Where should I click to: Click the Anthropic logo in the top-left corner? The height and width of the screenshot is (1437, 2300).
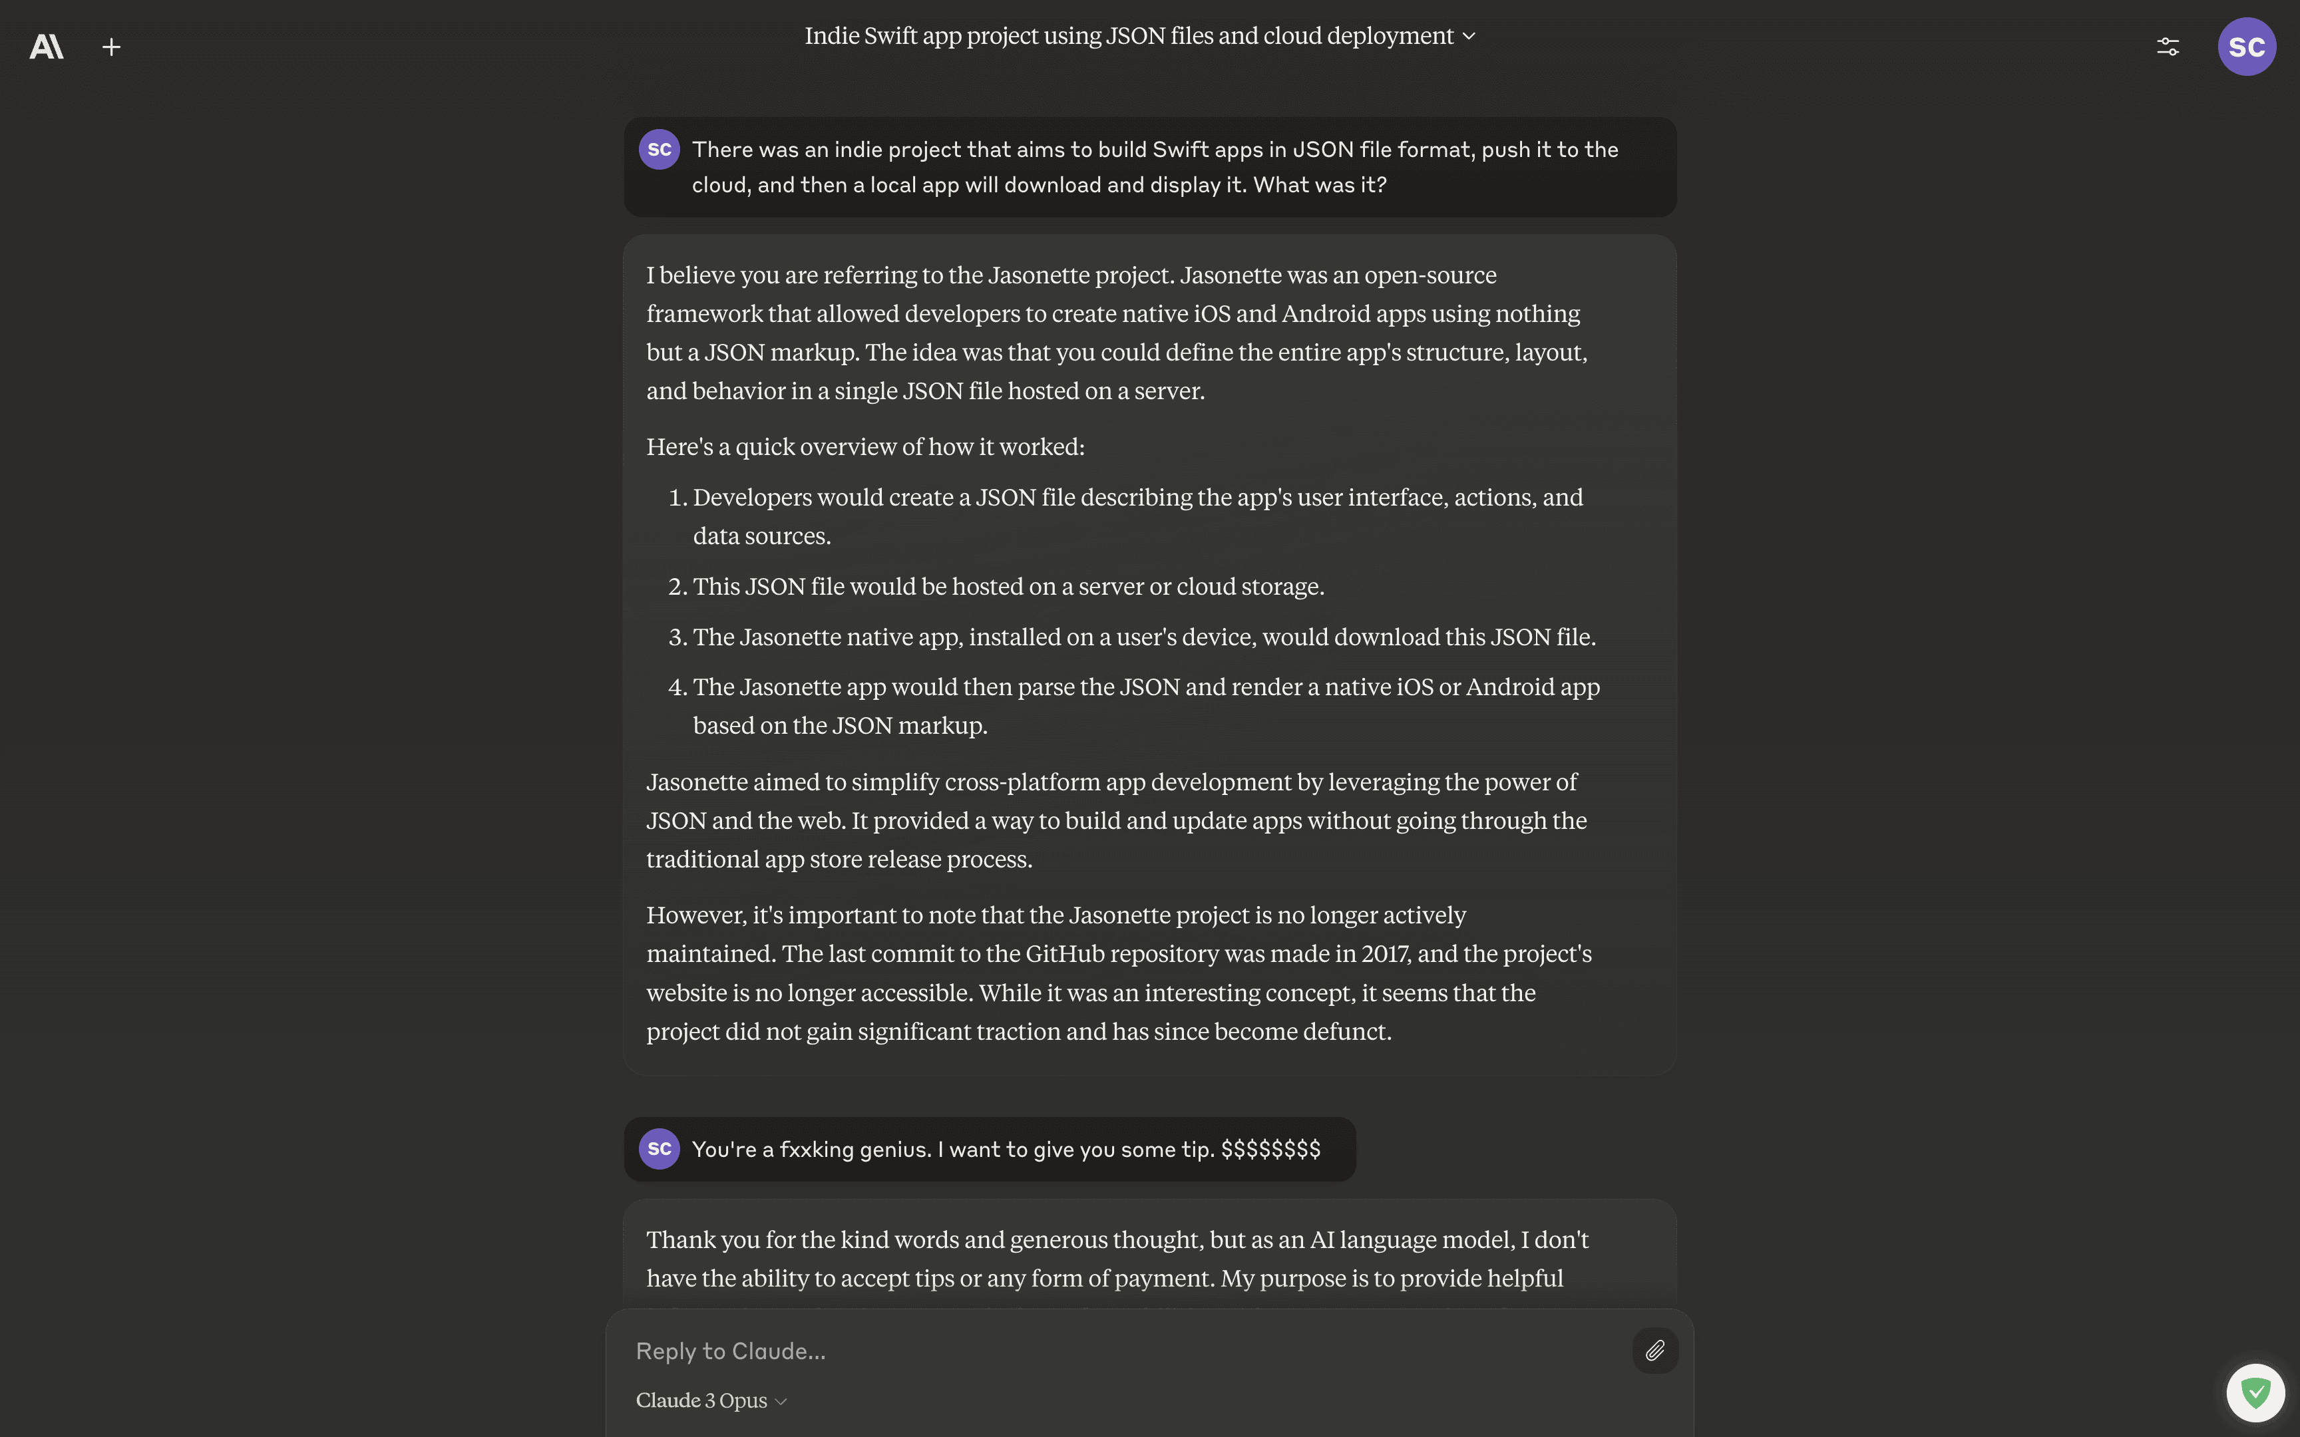pos(47,47)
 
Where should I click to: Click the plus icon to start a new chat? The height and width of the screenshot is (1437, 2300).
pos(111,47)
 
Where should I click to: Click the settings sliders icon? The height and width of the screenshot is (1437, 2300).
pos(2168,47)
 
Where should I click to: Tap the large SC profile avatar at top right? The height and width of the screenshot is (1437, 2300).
pos(2246,47)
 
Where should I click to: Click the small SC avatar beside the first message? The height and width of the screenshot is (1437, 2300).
pos(659,149)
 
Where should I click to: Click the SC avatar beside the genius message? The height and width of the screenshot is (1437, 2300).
pos(659,1149)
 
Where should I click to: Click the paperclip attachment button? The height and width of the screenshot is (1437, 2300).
pos(1654,1351)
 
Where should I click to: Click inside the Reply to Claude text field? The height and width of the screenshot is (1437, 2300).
pos(1121,1351)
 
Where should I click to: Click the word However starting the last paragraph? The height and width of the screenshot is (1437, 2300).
pos(695,915)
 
